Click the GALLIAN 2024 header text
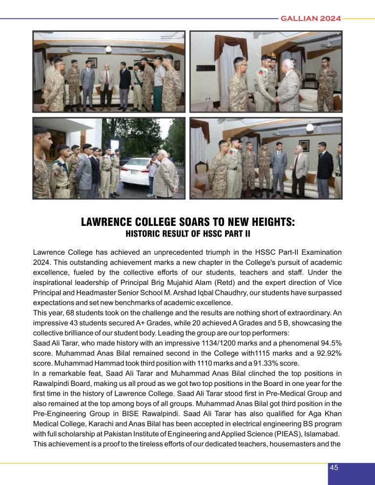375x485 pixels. (x=310, y=19)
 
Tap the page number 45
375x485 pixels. (x=334, y=467)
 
